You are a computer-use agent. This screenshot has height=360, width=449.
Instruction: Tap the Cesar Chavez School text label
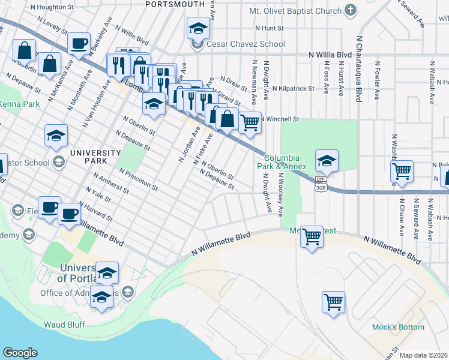point(246,44)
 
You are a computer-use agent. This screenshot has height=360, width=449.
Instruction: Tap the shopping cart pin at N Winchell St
point(250,123)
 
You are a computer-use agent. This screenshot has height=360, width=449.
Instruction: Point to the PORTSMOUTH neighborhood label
point(167,4)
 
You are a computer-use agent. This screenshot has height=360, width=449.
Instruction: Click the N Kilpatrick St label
point(293,88)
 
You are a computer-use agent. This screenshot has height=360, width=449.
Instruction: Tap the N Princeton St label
point(139,179)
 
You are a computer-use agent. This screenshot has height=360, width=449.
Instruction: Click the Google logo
point(20,353)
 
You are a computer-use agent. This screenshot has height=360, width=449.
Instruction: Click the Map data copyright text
point(424,355)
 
